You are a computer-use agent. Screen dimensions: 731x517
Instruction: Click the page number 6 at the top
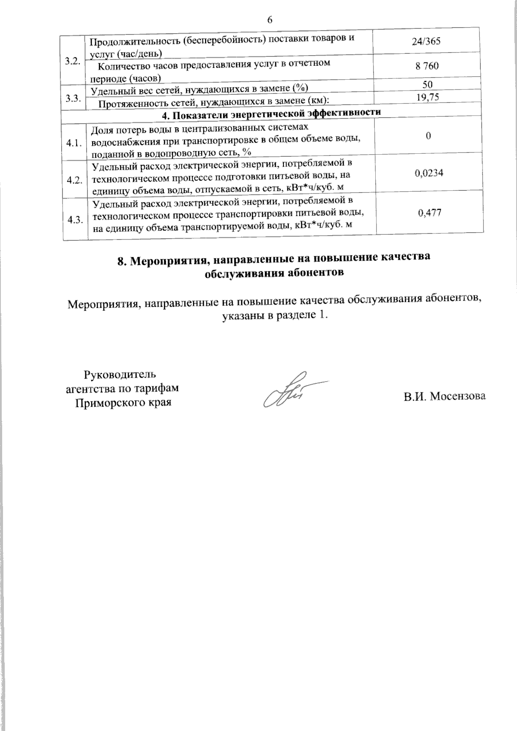270,20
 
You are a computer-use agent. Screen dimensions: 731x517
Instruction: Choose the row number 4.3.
75,220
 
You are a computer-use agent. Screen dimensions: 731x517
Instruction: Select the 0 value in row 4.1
428,136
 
